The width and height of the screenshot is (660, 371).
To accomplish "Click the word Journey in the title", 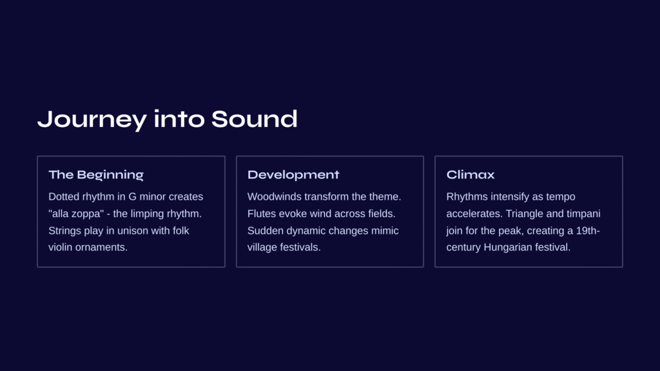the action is pos(92,120).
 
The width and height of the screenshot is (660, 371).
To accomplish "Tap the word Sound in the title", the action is pos(254,119).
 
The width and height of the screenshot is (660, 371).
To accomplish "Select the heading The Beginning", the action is pos(96,175).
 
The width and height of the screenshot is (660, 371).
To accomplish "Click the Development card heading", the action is pos(293,175).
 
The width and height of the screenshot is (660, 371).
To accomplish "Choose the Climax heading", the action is pos(470,175).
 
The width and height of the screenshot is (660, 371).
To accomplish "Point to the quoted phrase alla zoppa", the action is pos(76,214).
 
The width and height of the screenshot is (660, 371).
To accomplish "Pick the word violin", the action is pos(60,247).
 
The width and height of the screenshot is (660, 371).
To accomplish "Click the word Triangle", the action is pos(524,214).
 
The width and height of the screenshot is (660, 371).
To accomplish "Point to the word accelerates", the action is pos(474,213).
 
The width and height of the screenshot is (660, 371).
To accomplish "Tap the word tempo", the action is pos(561,197).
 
